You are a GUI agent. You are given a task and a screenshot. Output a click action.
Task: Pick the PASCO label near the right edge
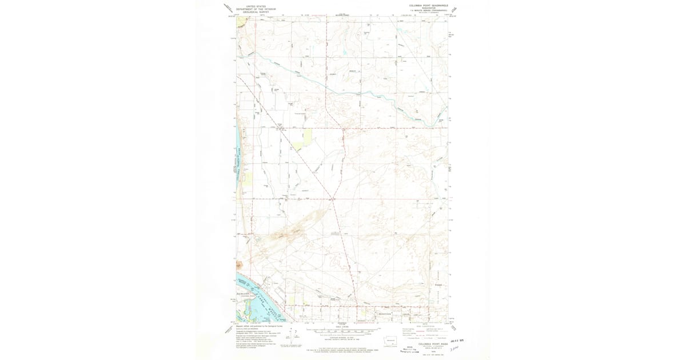[438, 285]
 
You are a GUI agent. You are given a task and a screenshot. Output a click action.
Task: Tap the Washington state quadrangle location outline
[391, 341]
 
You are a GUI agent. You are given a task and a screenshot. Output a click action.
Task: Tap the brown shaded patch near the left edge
[239, 264]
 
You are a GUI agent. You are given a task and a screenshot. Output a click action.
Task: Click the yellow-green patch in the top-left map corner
[241, 22]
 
